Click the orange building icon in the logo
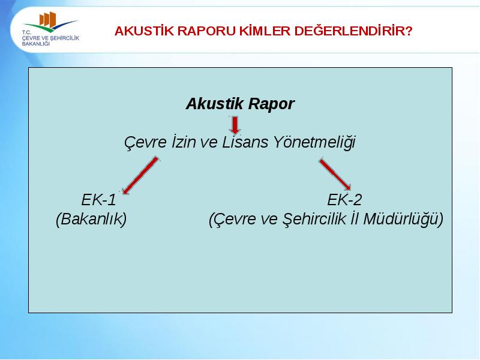click(x=48, y=19)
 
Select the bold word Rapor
click(x=271, y=104)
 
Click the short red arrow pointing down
click(x=235, y=125)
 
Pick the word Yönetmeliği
click(x=314, y=142)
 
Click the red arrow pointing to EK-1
click(x=140, y=176)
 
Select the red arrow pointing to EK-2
click(x=335, y=174)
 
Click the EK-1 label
click(x=98, y=200)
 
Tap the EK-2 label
click(x=344, y=200)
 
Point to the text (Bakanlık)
click(x=91, y=219)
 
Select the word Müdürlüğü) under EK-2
click(x=403, y=219)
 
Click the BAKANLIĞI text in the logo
click(x=36, y=44)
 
